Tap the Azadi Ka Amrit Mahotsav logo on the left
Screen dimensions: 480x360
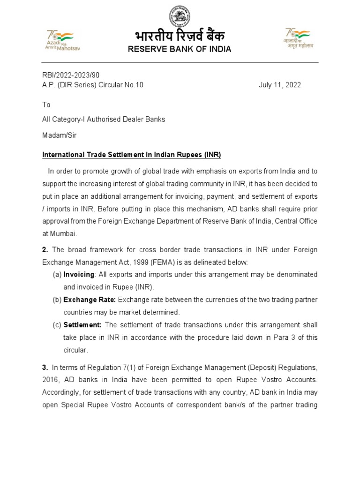click(x=63, y=40)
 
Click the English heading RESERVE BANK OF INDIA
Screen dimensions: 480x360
click(x=180, y=49)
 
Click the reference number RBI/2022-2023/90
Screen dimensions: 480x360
click(x=71, y=75)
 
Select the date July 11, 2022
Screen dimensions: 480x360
click(x=280, y=85)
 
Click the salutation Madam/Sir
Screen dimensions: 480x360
click(x=59, y=135)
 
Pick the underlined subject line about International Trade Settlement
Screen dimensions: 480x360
click(x=132, y=154)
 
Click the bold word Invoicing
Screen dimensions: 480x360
click(x=79, y=274)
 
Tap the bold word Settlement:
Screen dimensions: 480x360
click(x=82, y=325)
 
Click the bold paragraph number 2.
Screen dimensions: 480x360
click(x=45, y=249)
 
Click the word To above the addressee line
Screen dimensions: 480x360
click(x=46, y=105)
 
